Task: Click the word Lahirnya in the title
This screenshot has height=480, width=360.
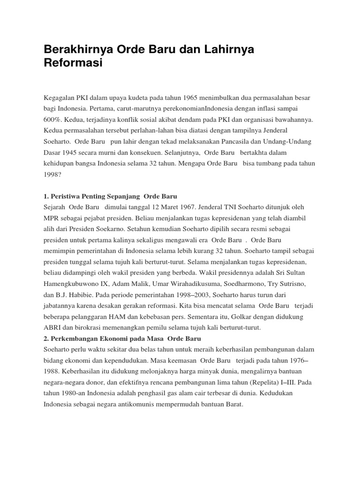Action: coord(225,50)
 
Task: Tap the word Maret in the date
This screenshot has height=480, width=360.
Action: coord(165,206)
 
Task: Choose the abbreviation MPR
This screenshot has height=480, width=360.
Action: coord(52,217)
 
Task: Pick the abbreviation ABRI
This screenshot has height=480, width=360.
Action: coord(52,329)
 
